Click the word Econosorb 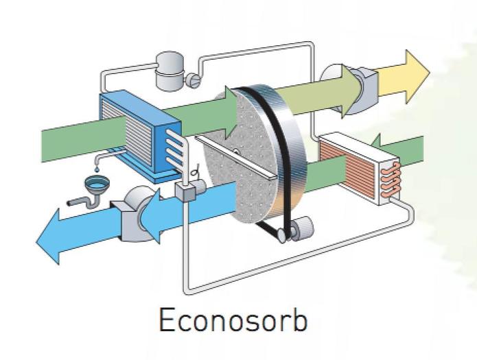click(x=233, y=320)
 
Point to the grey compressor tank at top click(x=168, y=71)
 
